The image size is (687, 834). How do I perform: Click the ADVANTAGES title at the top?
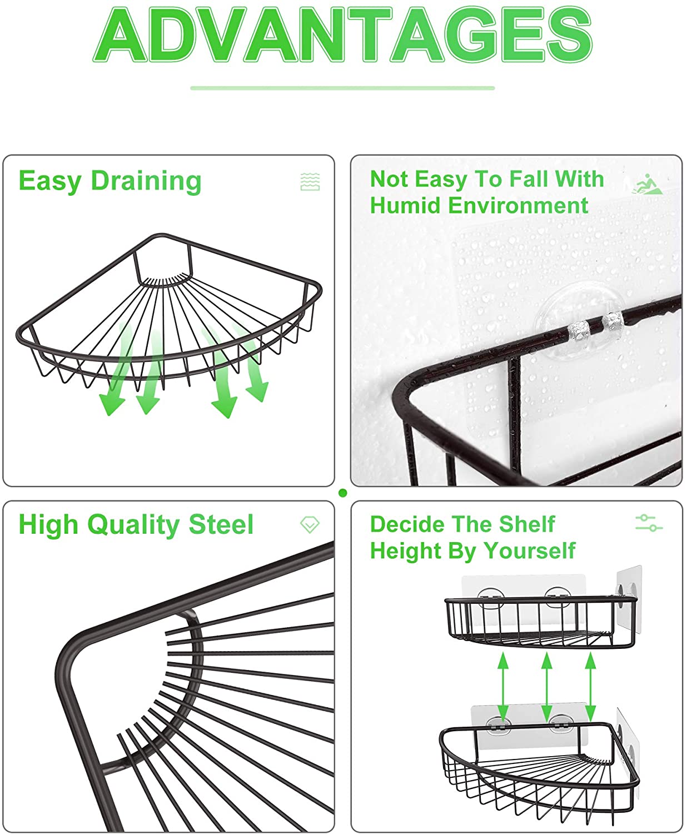[343, 34]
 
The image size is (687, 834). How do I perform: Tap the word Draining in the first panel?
[146, 182]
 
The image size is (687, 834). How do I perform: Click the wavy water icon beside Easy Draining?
[310, 182]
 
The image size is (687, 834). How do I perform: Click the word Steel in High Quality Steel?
[221, 524]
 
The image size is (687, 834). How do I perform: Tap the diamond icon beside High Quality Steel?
[310, 524]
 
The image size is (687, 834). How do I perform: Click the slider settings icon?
[649, 523]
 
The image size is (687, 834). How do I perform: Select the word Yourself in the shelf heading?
[530, 551]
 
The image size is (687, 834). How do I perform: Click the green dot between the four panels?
[343, 493]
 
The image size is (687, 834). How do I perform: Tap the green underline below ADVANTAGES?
[343, 88]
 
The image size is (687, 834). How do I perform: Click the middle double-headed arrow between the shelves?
[547, 687]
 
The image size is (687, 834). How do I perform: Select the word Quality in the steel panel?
[134, 525]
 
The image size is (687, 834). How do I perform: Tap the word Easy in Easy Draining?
[50, 182]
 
